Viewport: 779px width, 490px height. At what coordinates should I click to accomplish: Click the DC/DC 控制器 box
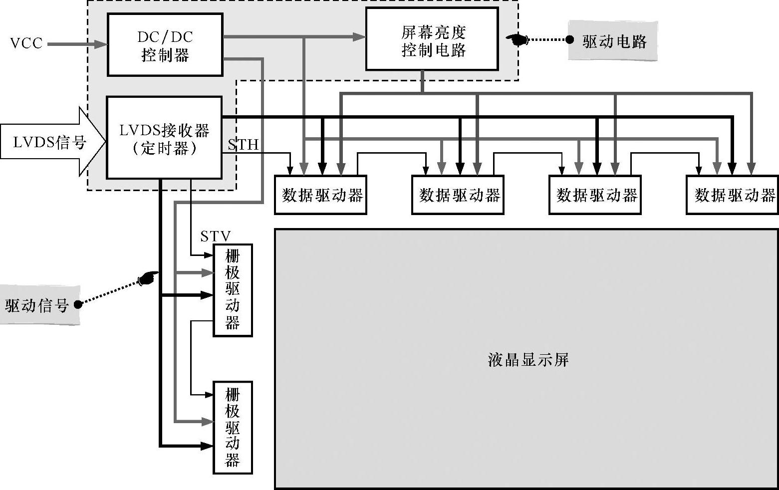[x=165, y=45]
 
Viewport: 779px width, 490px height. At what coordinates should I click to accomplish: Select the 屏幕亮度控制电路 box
[x=432, y=39]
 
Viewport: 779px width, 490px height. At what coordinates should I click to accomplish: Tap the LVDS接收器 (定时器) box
[x=164, y=138]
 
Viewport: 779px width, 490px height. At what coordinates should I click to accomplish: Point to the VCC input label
[x=26, y=43]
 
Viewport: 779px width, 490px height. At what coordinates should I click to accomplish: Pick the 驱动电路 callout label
[x=613, y=41]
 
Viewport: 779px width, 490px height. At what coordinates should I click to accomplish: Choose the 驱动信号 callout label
[x=38, y=305]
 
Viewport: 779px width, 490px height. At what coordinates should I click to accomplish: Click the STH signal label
[x=243, y=145]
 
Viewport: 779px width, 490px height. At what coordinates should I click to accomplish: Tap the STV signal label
[x=216, y=236]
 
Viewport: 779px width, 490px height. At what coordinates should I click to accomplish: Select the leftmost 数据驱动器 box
[x=321, y=195]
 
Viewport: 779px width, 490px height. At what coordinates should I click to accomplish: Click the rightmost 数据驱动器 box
[x=732, y=195]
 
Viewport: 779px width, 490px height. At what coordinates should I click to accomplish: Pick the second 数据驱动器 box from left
[x=458, y=195]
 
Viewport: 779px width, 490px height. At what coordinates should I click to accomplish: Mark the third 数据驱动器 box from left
[x=595, y=195]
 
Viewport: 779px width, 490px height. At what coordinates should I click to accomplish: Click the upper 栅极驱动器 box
[x=233, y=290]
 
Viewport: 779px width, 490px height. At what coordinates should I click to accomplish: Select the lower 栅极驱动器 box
[x=233, y=428]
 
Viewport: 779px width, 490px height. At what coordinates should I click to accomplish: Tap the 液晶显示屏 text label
[x=527, y=360]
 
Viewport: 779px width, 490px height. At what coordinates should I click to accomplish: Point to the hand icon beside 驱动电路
[x=517, y=39]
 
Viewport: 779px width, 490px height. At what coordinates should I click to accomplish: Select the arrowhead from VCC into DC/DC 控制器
[x=102, y=44]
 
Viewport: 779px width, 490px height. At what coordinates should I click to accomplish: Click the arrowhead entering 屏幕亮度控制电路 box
[x=360, y=36]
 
